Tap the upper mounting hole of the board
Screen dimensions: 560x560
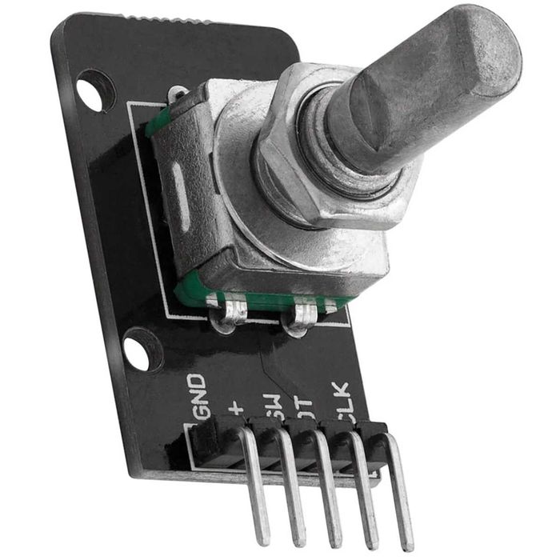[x=94, y=90]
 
